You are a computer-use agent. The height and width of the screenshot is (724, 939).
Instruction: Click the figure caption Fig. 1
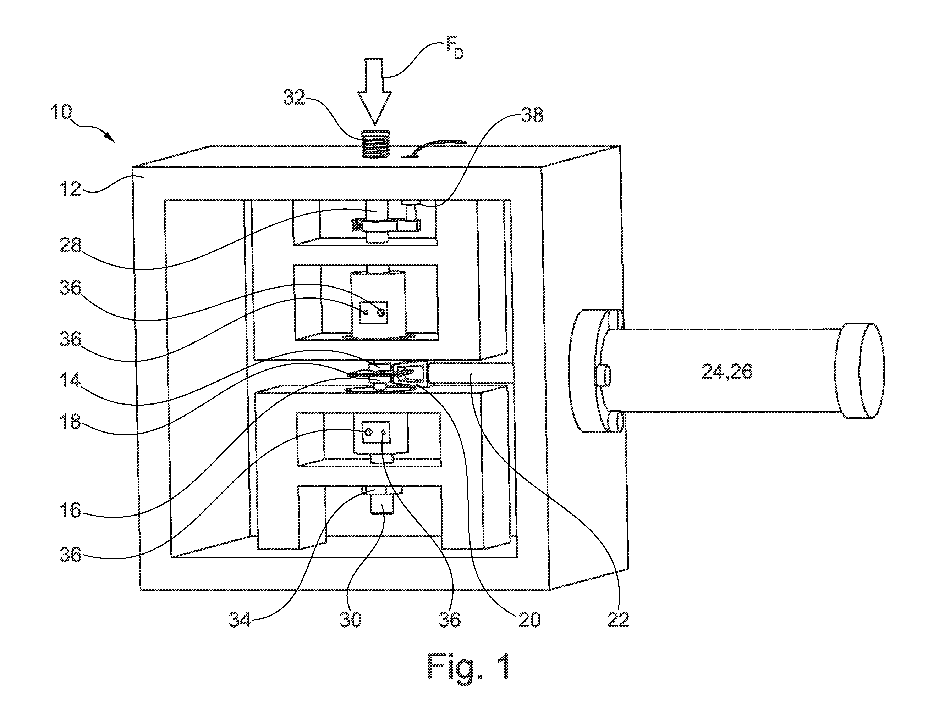pos(469,666)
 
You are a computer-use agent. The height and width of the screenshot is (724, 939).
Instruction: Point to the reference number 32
pos(294,98)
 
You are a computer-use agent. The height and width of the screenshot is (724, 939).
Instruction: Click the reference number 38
pos(532,115)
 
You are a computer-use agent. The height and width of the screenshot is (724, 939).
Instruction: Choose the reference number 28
pos(70,246)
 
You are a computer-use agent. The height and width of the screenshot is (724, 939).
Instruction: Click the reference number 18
pos(70,422)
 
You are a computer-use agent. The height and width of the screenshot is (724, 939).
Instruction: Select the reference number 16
pos(70,510)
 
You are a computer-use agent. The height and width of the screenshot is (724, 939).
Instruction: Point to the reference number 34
pos(240,620)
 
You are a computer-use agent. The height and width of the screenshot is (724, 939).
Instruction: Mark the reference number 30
pos(350,620)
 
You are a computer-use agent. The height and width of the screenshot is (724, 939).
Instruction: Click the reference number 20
pos(529,620)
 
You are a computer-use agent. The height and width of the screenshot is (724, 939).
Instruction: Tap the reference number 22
pos(618,620)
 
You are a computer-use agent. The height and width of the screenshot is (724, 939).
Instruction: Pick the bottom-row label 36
pos(450,620)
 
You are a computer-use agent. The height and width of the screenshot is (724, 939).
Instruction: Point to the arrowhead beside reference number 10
pos(109,137)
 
